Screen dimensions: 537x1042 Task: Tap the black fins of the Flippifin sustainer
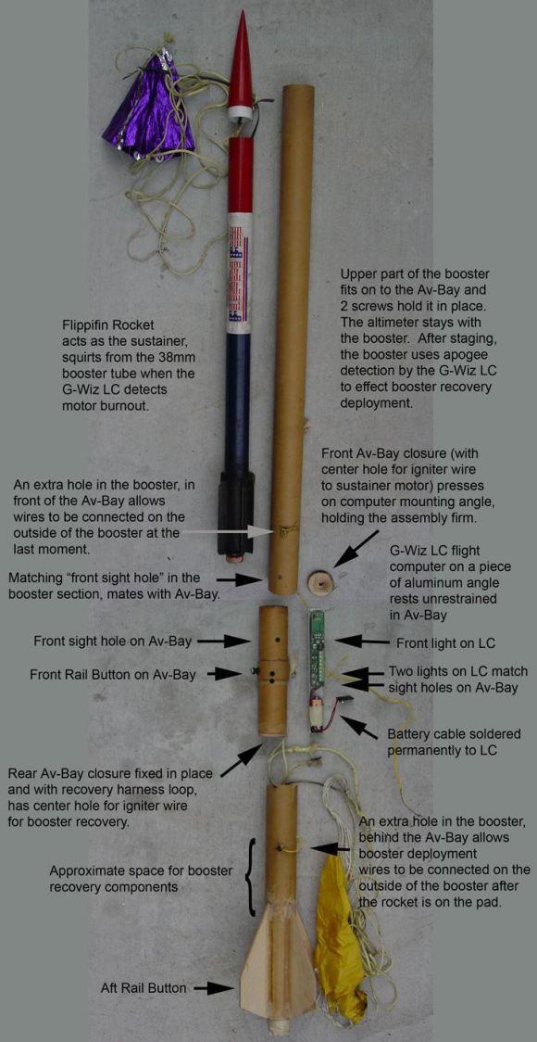click(x=236, y=512)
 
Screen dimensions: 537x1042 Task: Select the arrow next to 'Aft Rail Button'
click(x=212, y=988)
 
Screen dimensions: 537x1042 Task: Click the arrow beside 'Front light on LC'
click(x=361, y=642)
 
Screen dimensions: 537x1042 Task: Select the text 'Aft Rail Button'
click(x=144, y=988)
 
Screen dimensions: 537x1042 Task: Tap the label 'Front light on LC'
click(x=444, y=643)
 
